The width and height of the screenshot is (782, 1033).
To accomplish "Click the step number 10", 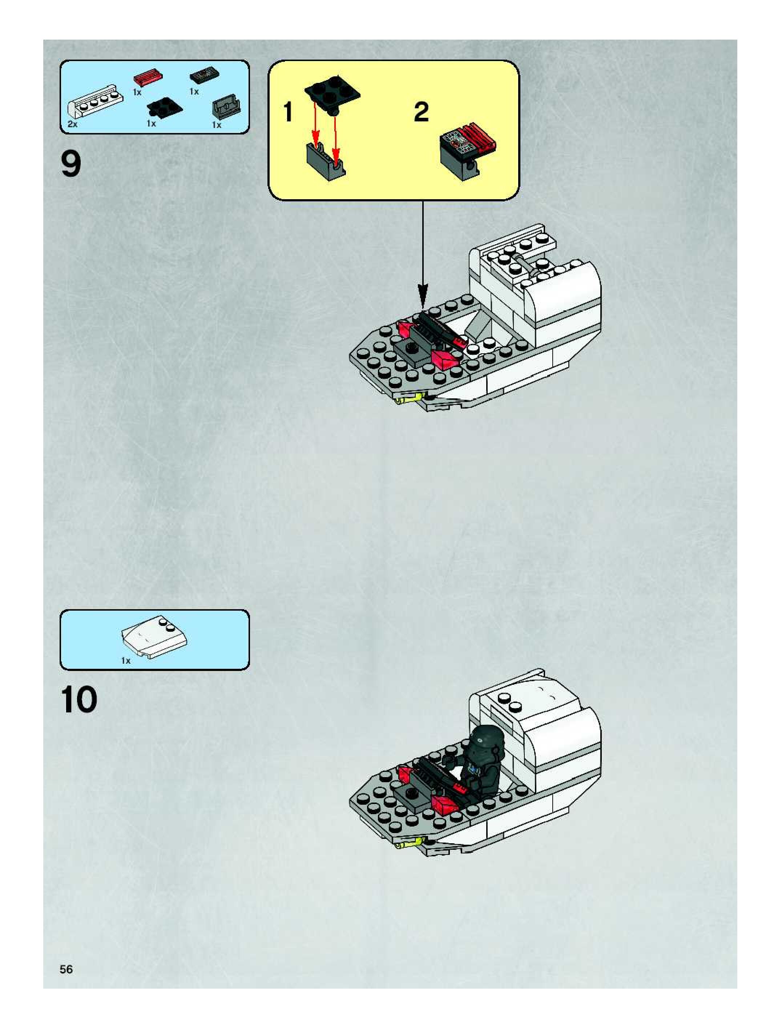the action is [x=79, y=700].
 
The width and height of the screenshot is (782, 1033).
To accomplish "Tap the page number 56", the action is [x=66, y=969].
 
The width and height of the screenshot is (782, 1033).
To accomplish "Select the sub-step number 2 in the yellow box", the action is [x=421, y=113].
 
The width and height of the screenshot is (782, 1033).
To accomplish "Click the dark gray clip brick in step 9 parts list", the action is [x=227, y=108].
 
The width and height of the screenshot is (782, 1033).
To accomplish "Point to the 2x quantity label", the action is [x=72, y=125].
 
